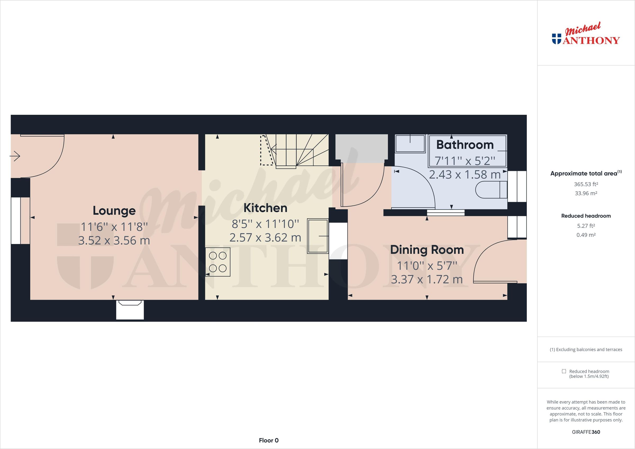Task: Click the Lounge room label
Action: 114,211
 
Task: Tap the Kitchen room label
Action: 265,208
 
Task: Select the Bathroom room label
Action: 465,145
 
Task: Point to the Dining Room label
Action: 427,250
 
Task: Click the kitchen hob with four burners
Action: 218,262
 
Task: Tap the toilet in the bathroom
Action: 491,190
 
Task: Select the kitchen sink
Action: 317,236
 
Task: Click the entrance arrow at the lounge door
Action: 15,156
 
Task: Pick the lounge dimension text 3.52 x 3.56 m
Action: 114,241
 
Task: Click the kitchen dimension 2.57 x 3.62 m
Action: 265,238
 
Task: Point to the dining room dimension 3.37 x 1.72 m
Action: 427,279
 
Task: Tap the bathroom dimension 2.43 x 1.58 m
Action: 465,175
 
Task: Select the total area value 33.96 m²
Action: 586,193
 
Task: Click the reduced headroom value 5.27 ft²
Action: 586,226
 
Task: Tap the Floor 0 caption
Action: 269,441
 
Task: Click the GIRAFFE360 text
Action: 586,432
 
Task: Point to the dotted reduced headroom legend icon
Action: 564,371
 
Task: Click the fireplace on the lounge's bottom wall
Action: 130,310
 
